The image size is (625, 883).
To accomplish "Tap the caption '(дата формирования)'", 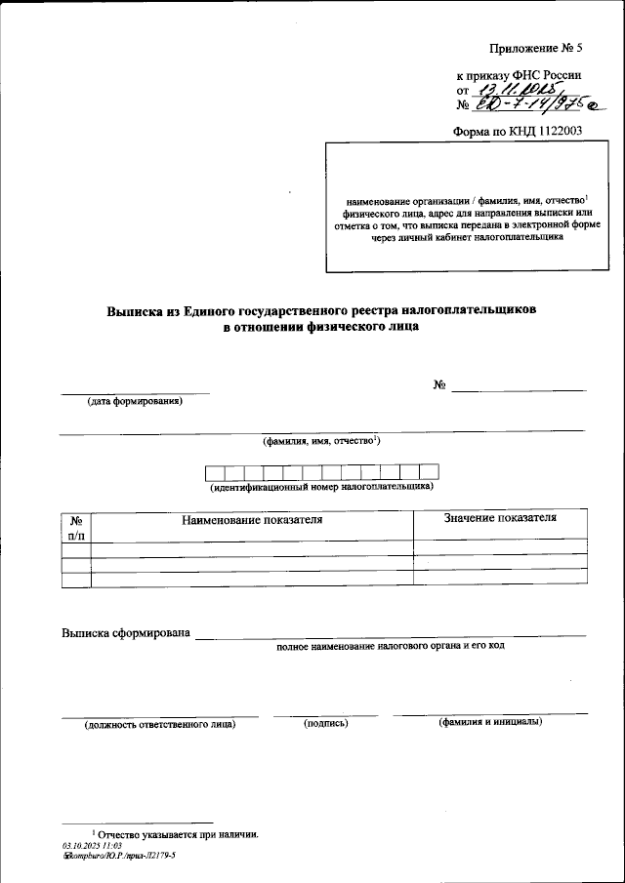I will click(x=135, y=401).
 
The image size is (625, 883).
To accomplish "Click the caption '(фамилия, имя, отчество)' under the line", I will click(x=321, y=441).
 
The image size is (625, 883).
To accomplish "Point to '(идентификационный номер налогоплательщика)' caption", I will click(x=321, y=486).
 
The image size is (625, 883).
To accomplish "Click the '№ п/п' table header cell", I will click(x=76, y=526).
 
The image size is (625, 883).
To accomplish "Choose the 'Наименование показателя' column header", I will click(x=252, y=520).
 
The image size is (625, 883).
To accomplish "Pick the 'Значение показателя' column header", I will click(x=500, y=518).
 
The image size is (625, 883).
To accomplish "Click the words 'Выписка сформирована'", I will click(x=124, y=633).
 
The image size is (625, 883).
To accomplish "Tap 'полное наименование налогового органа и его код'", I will click(x=390, y=646).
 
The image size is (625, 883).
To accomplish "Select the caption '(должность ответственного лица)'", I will click(x=159, y=724).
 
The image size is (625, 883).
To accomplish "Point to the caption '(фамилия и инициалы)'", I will click(x=490, y=722).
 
